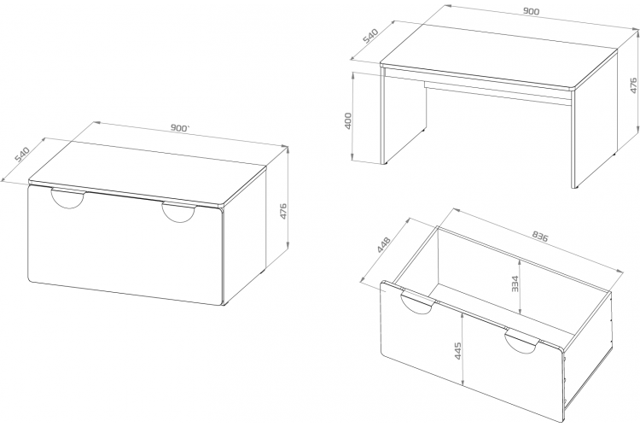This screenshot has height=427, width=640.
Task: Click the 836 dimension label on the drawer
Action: [x=540, y=237]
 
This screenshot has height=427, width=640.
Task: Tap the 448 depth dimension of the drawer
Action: [x=384, y=244]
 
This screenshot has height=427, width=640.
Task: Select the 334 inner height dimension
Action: [x=515, y=284]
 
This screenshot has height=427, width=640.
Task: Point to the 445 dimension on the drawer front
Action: [x=457, y=351]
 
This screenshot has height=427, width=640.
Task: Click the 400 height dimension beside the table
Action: [x=348, y=120]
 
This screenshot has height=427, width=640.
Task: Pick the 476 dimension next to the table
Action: [x=633, y=85]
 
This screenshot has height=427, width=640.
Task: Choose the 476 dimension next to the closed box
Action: [x=282, y=211]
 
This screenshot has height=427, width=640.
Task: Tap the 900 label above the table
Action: [x=531, y=11]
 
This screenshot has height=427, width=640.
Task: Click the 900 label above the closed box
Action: [x=180, y=128]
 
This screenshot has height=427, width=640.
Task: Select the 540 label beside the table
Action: [x=371, y=36]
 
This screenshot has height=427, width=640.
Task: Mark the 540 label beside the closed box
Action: [x=22, y=154]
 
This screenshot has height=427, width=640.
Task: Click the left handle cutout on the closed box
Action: [x=68, y=199]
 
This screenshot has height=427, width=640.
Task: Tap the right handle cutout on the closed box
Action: [x=178, y=213]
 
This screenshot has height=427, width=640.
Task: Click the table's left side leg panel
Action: [x=404, y=119]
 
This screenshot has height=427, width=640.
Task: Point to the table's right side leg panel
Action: [x=594, y=120]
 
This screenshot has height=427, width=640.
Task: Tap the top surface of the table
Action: [x=499, y=54]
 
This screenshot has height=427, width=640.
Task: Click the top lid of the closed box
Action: [x=148, y=171]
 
